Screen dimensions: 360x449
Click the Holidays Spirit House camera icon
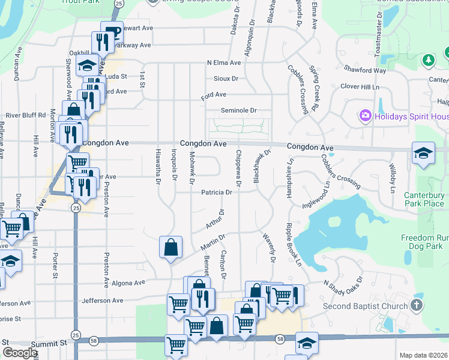coord(364,115)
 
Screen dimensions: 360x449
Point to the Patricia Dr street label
coord(217,193)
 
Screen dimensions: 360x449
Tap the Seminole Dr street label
coord(238,110)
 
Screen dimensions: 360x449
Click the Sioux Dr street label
coord(226,79)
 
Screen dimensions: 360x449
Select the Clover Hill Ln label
coord(361,86)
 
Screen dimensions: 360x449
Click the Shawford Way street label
coord(365,70)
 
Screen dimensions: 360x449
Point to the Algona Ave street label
coord(128,283)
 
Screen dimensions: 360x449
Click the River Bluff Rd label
coord(26,115)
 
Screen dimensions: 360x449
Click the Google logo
coord(20,353)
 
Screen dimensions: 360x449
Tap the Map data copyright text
coord(423,355)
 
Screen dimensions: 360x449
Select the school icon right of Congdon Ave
coord(423,153)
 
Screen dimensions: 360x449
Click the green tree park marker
coord(427,60)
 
